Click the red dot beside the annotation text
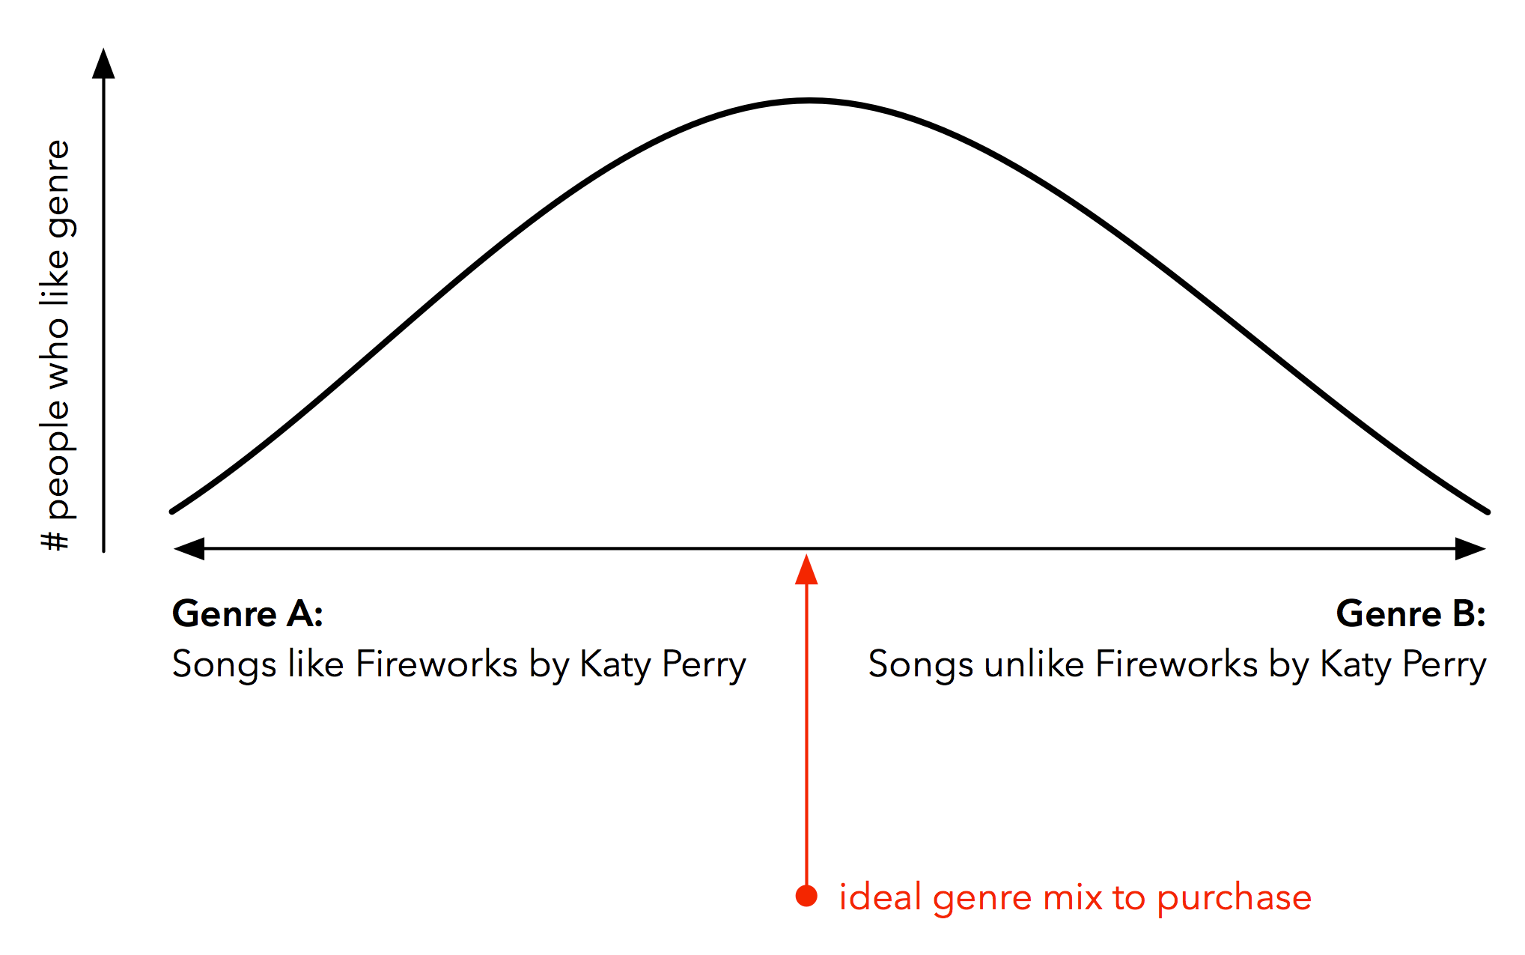[806, 896]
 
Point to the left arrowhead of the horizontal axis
[189, 548]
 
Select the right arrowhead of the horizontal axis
[1470, 548]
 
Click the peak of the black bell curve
[809, 100]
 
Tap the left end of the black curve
[172, 512]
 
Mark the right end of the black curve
[1488, 512]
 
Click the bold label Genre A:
[248, 613]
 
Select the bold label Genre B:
[1411, 613]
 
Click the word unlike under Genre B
[1034, 664]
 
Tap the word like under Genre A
[315, 664]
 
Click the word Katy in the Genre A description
[615, 665]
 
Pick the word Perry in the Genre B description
[1444, 665]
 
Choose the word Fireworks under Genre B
[1176, 664]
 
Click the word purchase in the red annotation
[1235, 898]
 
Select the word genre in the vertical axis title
[58, 190]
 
